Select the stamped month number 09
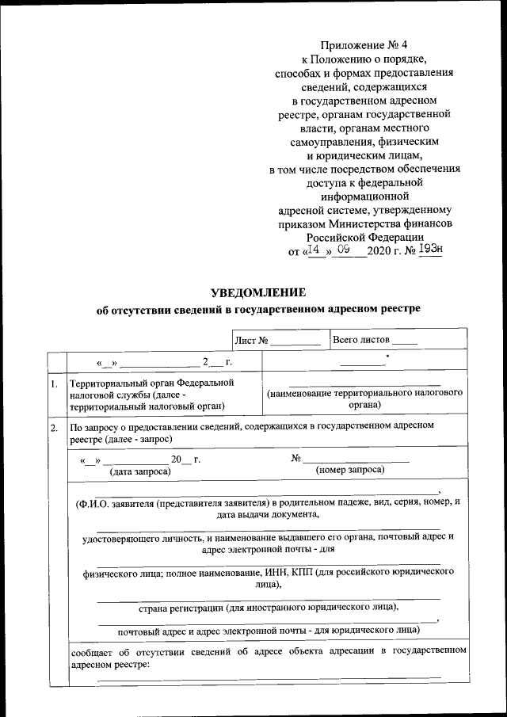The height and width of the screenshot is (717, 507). pyautogui.click(x=344, y=250)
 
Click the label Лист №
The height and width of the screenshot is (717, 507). pyautogui.click(x=253, y=341)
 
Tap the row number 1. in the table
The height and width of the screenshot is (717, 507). pyautogui.click(x=54, y=384)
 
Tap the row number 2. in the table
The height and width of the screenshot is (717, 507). pyautogui.click(x=54, y=429)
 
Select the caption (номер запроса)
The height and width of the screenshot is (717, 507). pyautogui.click(x=350, y=471)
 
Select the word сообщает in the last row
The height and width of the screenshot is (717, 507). pyautogui.click(x=92, y=651)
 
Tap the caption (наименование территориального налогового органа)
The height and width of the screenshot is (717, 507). pyautogui.click(x=364, y=399)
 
